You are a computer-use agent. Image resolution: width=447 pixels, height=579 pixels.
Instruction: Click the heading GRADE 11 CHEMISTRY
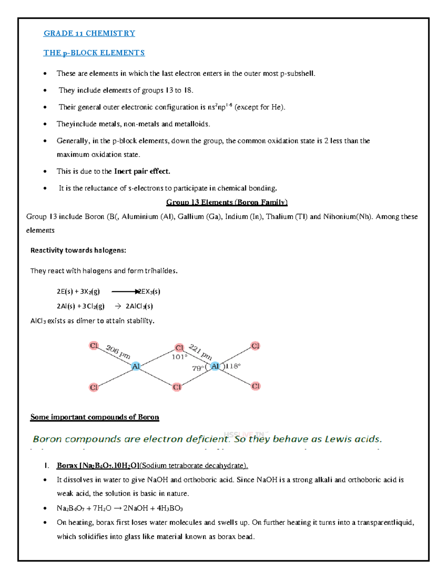click(x=89, y=33)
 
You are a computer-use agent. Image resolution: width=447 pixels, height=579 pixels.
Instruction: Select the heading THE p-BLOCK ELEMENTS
click(x=94, y=53)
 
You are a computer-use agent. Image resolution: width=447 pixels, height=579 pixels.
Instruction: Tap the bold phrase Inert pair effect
click(x=142, y=171)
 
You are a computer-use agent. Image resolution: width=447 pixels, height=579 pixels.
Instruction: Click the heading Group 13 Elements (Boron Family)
click(x=226, y=202)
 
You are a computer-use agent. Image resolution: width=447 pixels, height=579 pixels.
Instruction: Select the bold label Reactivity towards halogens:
click(x=78, y=250)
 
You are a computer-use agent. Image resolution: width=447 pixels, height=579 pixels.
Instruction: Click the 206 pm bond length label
click(x=118, y=352)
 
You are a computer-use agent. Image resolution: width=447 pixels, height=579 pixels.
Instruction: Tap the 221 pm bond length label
click(x=200, y=352)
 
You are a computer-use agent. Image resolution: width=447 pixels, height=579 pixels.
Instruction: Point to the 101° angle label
click(x=179, y=357)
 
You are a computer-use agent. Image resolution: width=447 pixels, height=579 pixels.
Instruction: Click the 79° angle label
click(x=198, y=368)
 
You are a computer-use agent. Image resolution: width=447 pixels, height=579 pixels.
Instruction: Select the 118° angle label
click(x=233, y=366)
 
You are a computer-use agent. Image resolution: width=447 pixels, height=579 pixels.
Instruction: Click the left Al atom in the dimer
click(x=136, y=366)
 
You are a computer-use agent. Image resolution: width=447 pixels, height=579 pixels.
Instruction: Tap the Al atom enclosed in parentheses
click(x=215, y=366)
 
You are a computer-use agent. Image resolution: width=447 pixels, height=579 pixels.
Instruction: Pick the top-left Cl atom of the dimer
click(x=93, y=346)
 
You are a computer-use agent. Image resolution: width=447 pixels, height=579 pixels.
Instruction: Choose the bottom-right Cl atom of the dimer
click(x=256, y=386)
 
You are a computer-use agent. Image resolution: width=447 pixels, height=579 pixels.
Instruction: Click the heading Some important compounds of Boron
click(x=95, y=417)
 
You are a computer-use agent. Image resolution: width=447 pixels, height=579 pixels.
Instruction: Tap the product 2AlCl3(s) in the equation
click(x=139, y=306)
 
